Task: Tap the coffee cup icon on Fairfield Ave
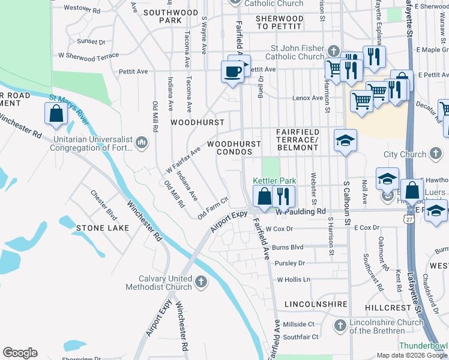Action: click(232, 71)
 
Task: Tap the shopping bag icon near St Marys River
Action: click(56, 114)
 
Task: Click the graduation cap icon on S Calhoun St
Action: click(345, 140)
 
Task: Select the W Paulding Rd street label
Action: click(300, 211)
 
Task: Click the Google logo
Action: click(20, 352)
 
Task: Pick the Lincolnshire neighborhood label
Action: click(316, 304)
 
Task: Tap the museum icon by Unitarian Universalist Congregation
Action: click(142, 142)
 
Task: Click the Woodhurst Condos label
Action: click(234, 148)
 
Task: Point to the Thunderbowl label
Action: click(424, 346)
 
